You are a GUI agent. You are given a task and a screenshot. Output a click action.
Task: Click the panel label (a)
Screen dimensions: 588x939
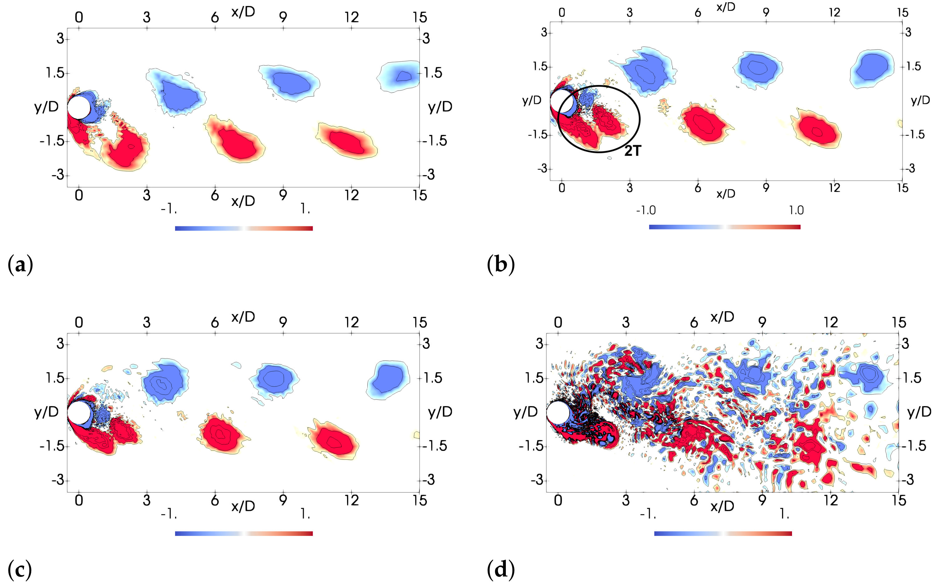[20, 265]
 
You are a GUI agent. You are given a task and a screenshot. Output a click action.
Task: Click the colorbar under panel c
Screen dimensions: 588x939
[244, 534]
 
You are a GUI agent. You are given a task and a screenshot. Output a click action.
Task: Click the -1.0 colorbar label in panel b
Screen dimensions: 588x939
[646, 210]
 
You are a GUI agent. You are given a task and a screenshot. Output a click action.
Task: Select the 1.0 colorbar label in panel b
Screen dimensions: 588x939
[796, 210]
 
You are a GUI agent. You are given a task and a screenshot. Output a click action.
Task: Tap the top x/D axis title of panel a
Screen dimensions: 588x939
[243, 12]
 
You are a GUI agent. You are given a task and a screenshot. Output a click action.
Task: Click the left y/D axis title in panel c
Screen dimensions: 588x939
[46, 411]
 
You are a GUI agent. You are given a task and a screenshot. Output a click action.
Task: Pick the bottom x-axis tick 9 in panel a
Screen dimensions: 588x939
[283, 195]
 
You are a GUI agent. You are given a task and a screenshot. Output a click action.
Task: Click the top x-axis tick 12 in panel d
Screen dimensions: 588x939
[830, 322]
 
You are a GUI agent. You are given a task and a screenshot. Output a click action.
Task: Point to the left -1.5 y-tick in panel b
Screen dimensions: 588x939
[537, 135]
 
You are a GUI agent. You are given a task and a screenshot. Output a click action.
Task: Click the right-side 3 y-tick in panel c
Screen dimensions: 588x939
[426, 343]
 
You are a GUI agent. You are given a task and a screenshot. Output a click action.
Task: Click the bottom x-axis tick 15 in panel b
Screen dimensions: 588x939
[902, 188]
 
